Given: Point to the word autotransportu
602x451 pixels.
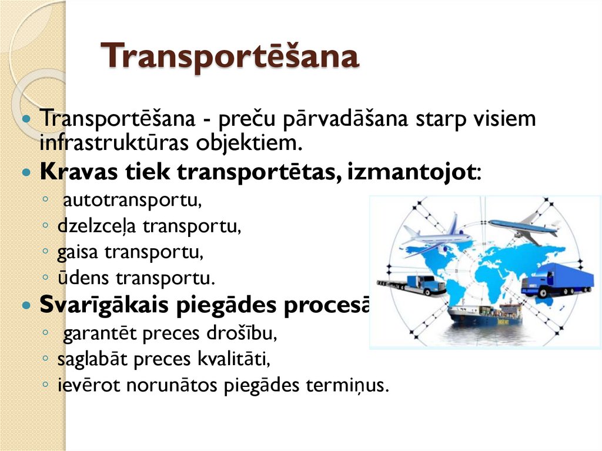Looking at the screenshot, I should coord(132,201).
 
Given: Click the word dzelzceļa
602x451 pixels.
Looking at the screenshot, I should coord(98,226).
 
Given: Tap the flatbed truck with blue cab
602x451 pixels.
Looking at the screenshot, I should coord(413,285).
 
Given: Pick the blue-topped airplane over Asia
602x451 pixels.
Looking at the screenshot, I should coord(523,228).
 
